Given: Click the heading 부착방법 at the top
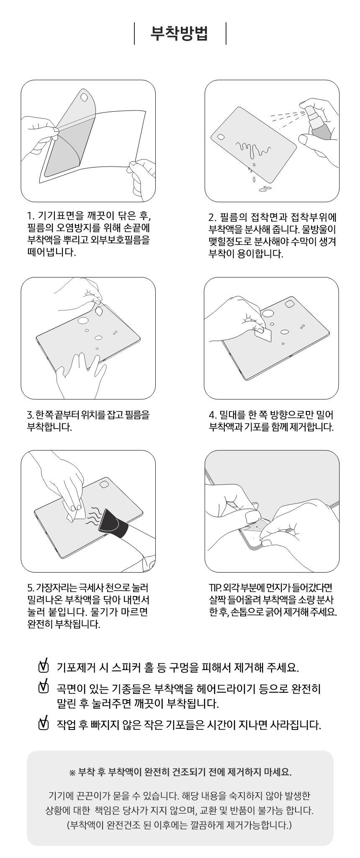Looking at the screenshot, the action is click(x=180, y=33).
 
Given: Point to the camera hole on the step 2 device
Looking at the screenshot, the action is click(x=221, y=137).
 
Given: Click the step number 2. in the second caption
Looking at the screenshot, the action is click(x=212, y=218).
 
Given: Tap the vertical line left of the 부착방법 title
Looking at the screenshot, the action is click(x=134, y=33).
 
